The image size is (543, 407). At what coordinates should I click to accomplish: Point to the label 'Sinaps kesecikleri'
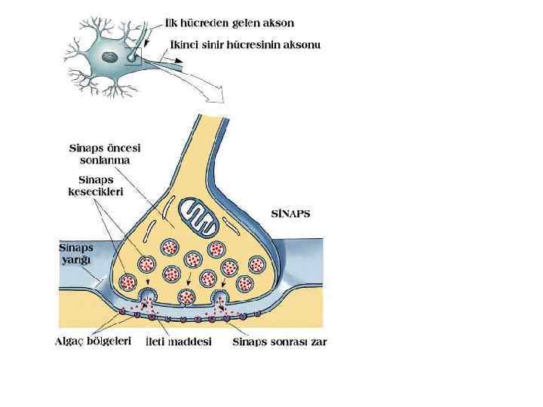point(96,186)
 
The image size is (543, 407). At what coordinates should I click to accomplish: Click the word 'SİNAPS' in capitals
point(290,213)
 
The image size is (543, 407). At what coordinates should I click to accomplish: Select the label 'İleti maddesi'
point(177,341)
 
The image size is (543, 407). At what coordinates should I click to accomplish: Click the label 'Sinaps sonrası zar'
point(279,341)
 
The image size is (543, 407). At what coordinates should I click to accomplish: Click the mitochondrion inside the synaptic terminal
point(200,217)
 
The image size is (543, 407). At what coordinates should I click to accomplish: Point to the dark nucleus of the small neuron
point(110,57)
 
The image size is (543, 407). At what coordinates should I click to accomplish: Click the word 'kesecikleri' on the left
point(96,191)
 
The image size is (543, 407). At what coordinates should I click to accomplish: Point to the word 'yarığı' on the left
point(76,259)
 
